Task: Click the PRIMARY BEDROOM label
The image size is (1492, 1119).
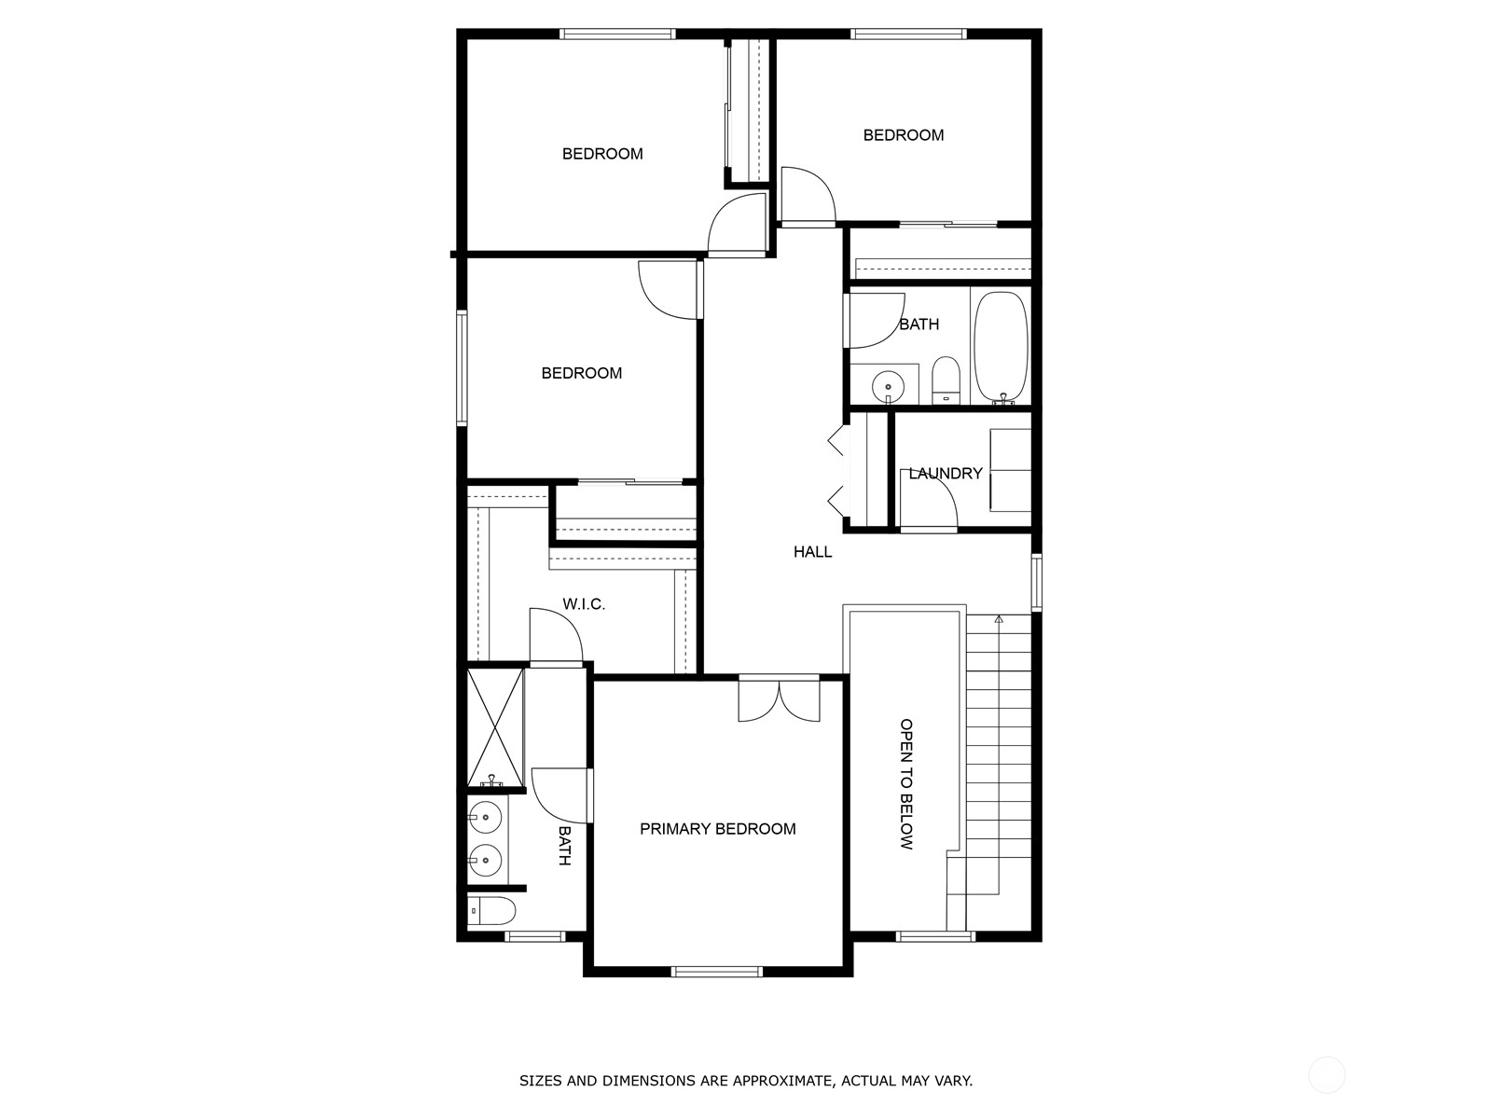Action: [x=717, y=829]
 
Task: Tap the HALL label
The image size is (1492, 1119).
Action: [x=812, y=552]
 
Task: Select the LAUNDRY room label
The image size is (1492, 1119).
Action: [x=945, y=474]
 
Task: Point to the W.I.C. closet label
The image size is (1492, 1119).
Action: [x=583, y=604]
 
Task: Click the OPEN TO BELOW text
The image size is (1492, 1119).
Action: [x=906, y=784]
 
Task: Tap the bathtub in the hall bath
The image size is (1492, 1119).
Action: [x=1001, y=347]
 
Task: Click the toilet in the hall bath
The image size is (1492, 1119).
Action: [x=945, y=380]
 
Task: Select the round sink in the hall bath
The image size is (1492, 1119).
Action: [x=888, y=387]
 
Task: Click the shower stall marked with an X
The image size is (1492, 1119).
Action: [x=495, y=727]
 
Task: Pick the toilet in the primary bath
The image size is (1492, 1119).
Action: [x=491, y=910]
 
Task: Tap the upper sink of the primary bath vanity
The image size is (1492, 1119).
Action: [x=485, y=818]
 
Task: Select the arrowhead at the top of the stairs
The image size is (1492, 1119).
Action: [x=999, y=619]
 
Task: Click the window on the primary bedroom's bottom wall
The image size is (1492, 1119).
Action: [x=717, y=972]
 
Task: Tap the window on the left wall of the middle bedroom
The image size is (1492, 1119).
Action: [x=463, y=367]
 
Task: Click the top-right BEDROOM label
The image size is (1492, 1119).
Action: [x=904, y=135]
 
